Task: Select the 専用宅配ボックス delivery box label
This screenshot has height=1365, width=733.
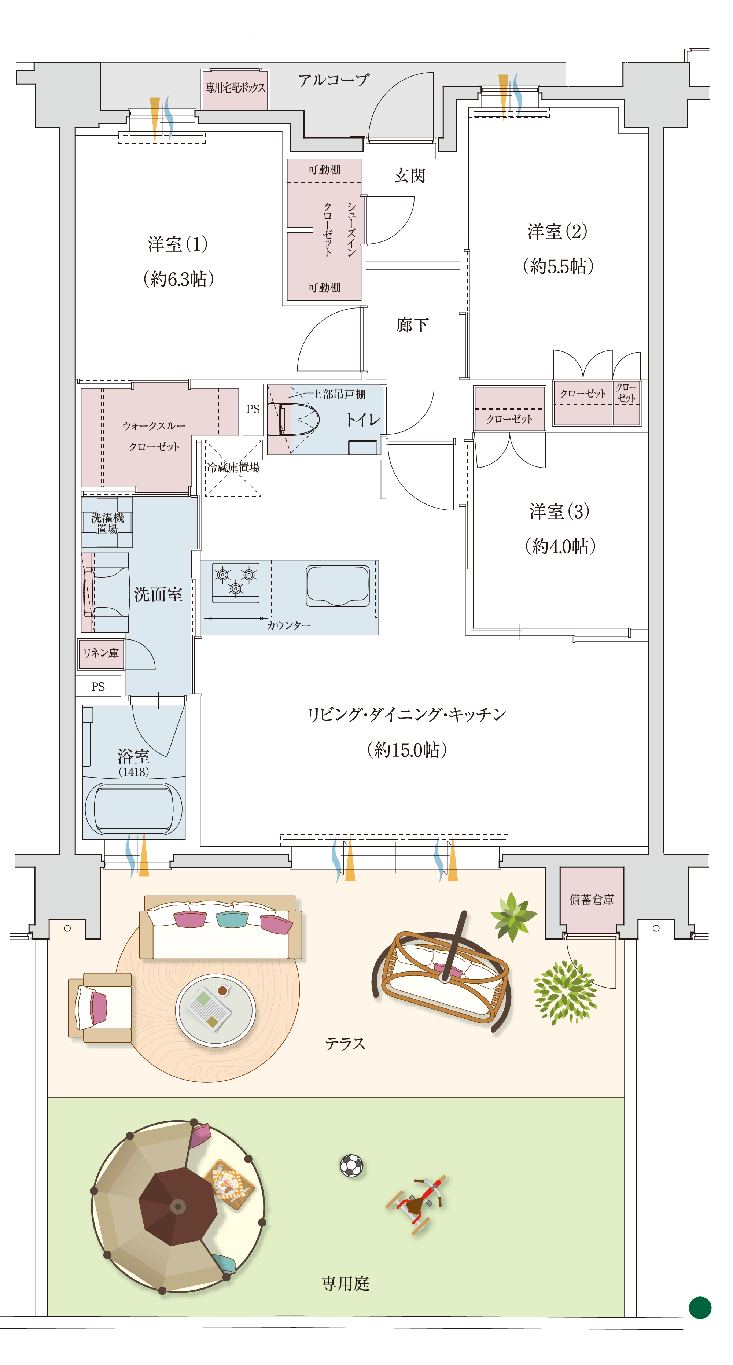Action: coord(235,88)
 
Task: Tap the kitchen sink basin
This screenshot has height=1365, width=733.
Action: coord(338,586)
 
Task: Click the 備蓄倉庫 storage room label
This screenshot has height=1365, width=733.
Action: coord(592,899)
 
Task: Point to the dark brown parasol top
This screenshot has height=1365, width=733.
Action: coord(178,1207)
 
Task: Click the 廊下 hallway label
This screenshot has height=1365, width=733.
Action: coord(412,325)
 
